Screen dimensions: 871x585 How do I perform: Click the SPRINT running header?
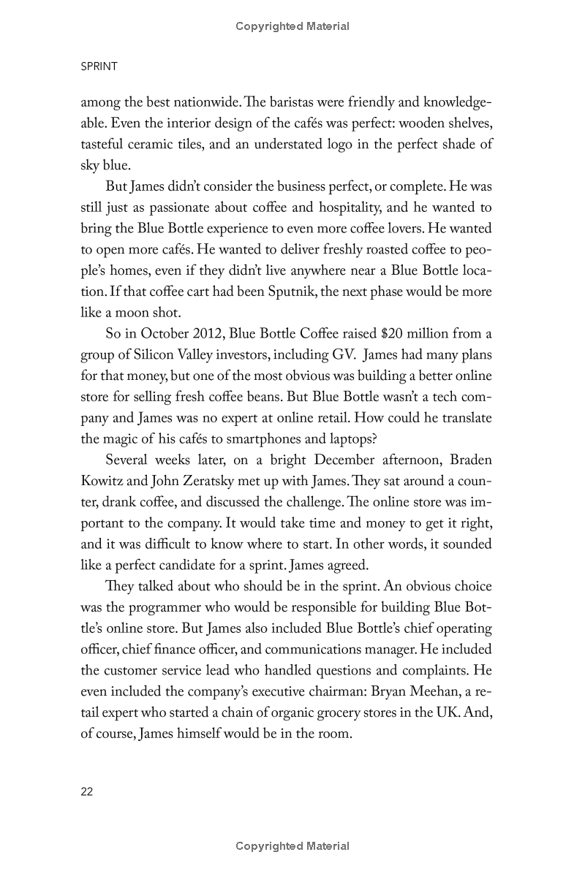coord(99,66)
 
